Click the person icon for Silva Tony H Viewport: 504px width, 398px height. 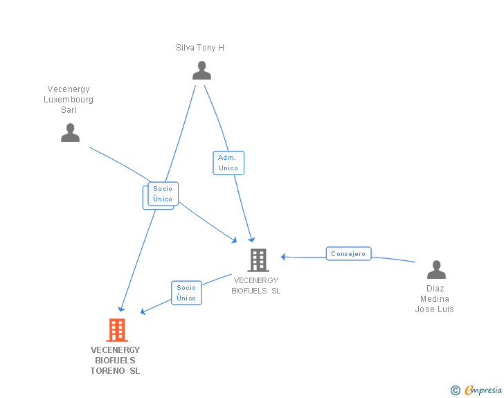(201, 71)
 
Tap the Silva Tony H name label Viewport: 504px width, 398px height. (200, 48)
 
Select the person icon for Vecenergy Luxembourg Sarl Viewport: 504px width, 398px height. (70, 132)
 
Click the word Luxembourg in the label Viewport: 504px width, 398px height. (69, 100)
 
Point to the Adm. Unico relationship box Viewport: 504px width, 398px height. (228, 163)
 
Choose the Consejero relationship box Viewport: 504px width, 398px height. (348, 254)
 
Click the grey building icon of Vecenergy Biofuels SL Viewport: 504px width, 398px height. (258, 260)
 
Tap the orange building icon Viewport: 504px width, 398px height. (117, 330)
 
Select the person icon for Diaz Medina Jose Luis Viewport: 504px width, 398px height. (436, 269)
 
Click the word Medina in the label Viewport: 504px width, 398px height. (435, 299)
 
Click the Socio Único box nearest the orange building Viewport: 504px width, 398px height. (186, 293)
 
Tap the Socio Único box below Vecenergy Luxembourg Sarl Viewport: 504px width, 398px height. (163, 194)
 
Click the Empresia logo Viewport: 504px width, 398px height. (483, 390)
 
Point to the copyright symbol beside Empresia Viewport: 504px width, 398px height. (455, 390)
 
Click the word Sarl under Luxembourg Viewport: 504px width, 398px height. (69, 110)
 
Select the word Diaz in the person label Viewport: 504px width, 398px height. (435, 289)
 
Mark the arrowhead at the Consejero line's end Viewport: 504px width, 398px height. (283, 257)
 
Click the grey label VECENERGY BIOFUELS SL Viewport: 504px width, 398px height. (256, 286)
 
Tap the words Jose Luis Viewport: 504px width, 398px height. (435, 309)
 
